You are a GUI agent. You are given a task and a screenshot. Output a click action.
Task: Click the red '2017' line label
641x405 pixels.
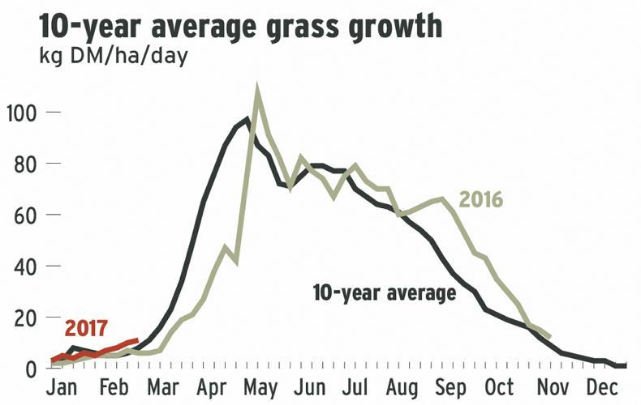pos(86,329)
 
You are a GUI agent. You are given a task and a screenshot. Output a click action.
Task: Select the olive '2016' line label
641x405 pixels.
pos(481,199)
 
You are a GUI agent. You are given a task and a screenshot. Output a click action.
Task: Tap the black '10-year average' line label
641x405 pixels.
pos(384,293)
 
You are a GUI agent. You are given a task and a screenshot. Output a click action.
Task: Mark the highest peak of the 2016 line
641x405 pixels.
pos(257,91)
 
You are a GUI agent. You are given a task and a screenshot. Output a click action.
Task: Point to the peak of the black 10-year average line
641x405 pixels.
pos(247,120)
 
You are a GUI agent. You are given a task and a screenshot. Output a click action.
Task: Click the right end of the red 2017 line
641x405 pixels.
pos(138,341)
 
